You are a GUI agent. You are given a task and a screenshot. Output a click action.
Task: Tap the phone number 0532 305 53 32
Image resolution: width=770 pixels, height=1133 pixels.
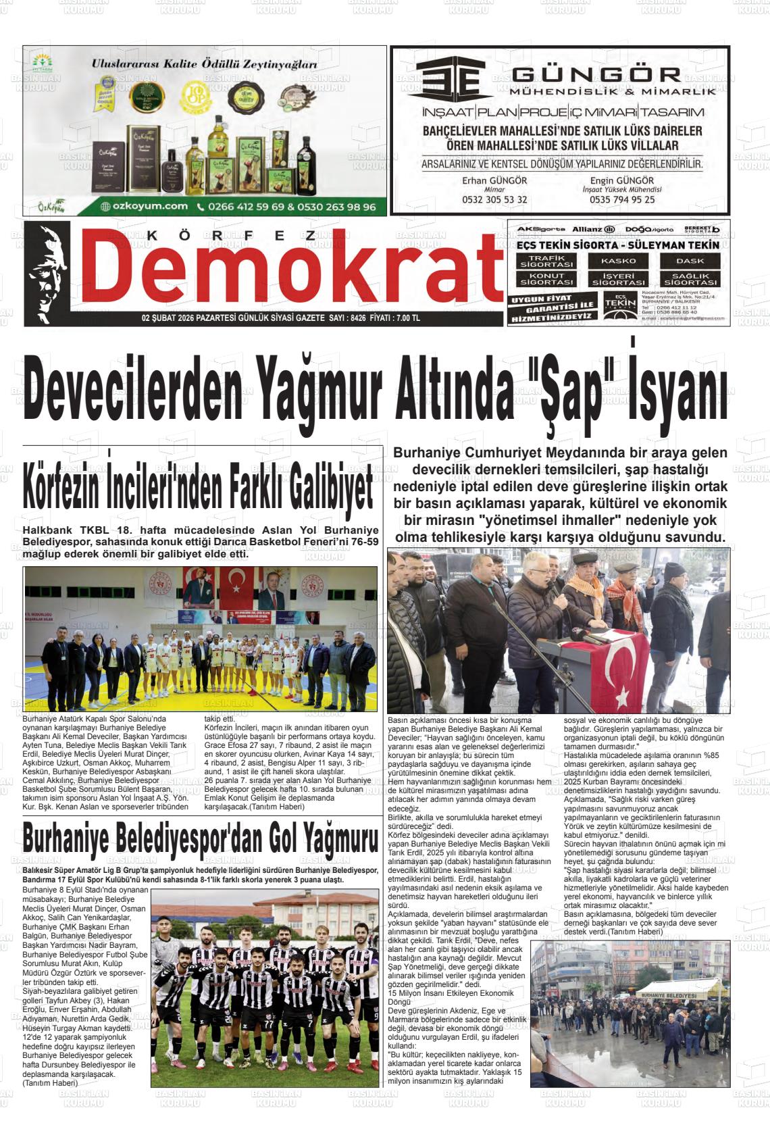pyautogui.click(x=494, y=200)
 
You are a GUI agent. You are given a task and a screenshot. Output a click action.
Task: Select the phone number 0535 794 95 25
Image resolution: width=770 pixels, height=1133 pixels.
pyautogui.click(x=622, y=200)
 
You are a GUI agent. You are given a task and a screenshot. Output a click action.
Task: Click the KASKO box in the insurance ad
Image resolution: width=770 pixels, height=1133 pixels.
pyautogui.click(x=618, y=261)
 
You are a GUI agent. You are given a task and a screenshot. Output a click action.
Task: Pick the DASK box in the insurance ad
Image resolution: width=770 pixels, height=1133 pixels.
pyautogui.click(x=690, y=261)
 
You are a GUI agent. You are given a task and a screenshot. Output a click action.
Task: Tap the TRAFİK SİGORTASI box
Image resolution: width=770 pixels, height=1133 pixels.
pyautogui.click(x=546, y=261)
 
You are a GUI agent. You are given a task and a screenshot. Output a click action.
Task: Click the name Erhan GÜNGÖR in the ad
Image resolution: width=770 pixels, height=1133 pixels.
pyautogui.click(x=494, y=181)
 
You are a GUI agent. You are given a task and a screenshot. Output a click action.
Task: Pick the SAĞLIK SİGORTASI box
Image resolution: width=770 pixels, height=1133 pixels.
pyautogui.click(x=690, y=279)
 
